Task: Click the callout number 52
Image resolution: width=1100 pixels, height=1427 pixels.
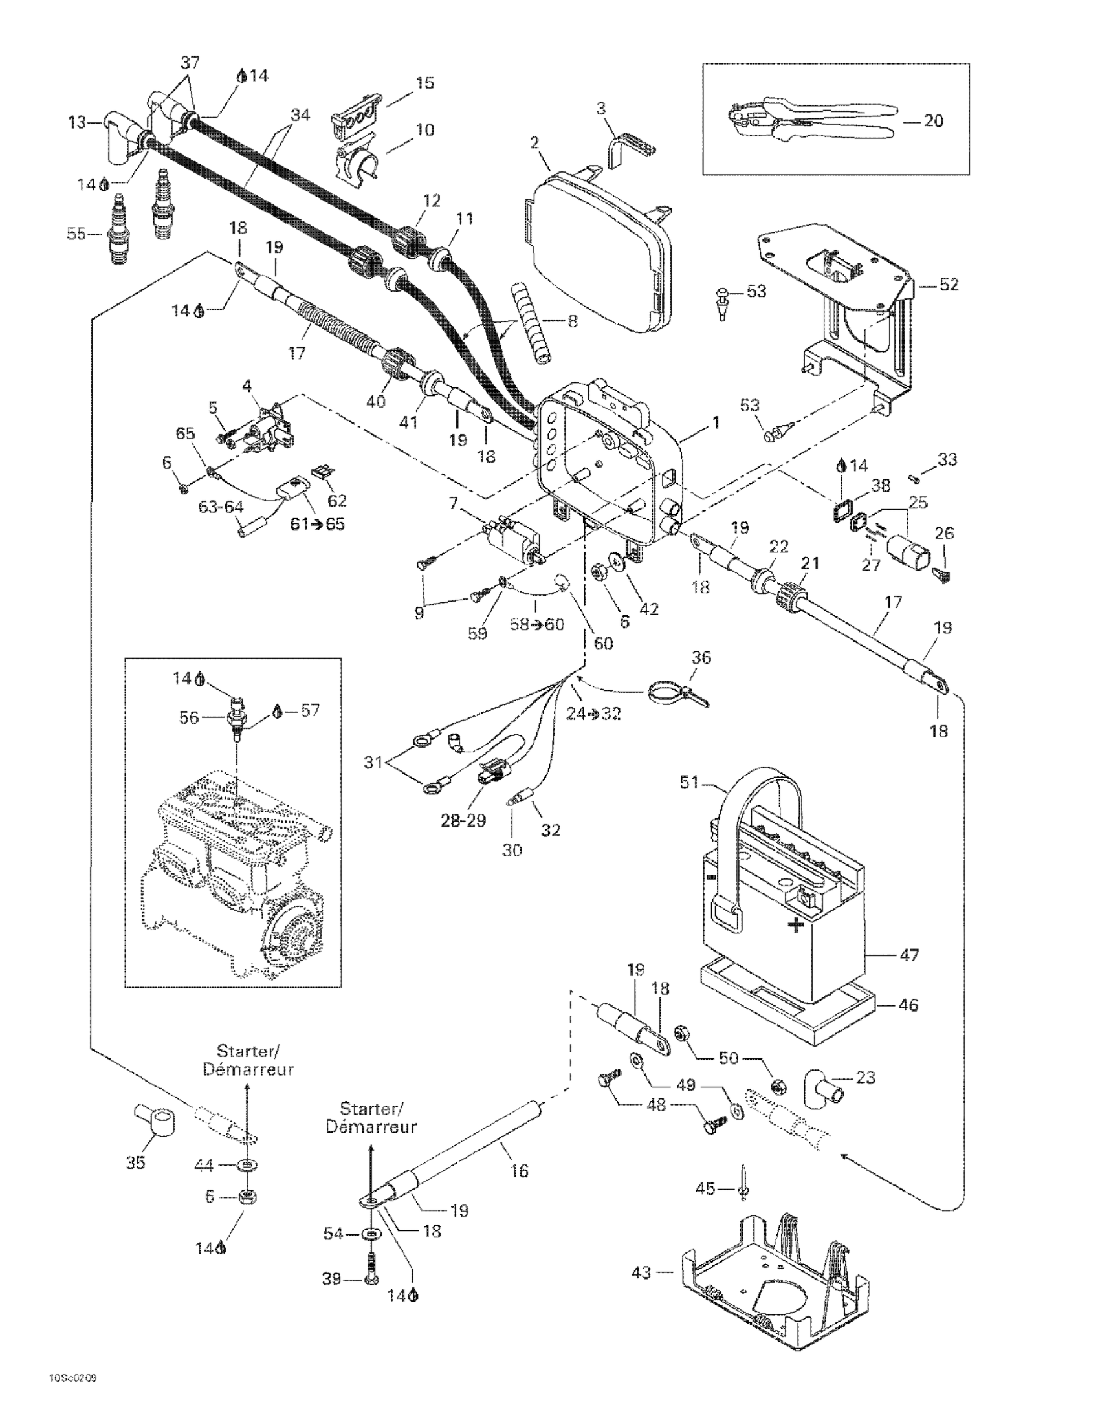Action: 949,284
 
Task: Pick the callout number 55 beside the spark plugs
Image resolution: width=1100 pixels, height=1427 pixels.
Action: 76,234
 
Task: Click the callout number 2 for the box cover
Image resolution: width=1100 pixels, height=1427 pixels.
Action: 535,142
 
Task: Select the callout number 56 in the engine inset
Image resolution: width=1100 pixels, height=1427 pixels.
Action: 190,717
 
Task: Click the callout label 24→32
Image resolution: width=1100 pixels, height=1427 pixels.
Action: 593,713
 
